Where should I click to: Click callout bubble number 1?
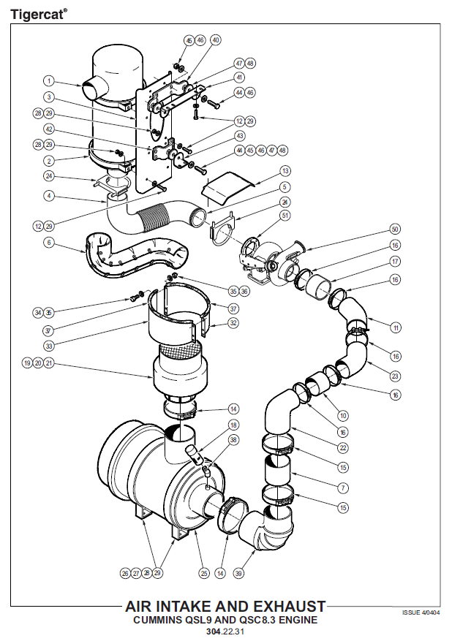click(48, 81)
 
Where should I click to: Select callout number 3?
click(48, 97)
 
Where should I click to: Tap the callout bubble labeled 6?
click(48, 242)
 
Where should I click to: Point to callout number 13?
click(285, 170)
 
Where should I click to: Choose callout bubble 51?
click(285, 215)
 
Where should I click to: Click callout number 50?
click(395, 229)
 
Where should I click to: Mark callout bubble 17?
click(395, 261)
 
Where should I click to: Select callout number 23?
click(395, 376)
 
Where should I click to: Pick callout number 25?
click(204, 574)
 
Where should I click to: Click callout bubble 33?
click(48, 346)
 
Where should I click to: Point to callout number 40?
click(215, 39)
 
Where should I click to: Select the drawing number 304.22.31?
click(225, 631)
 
